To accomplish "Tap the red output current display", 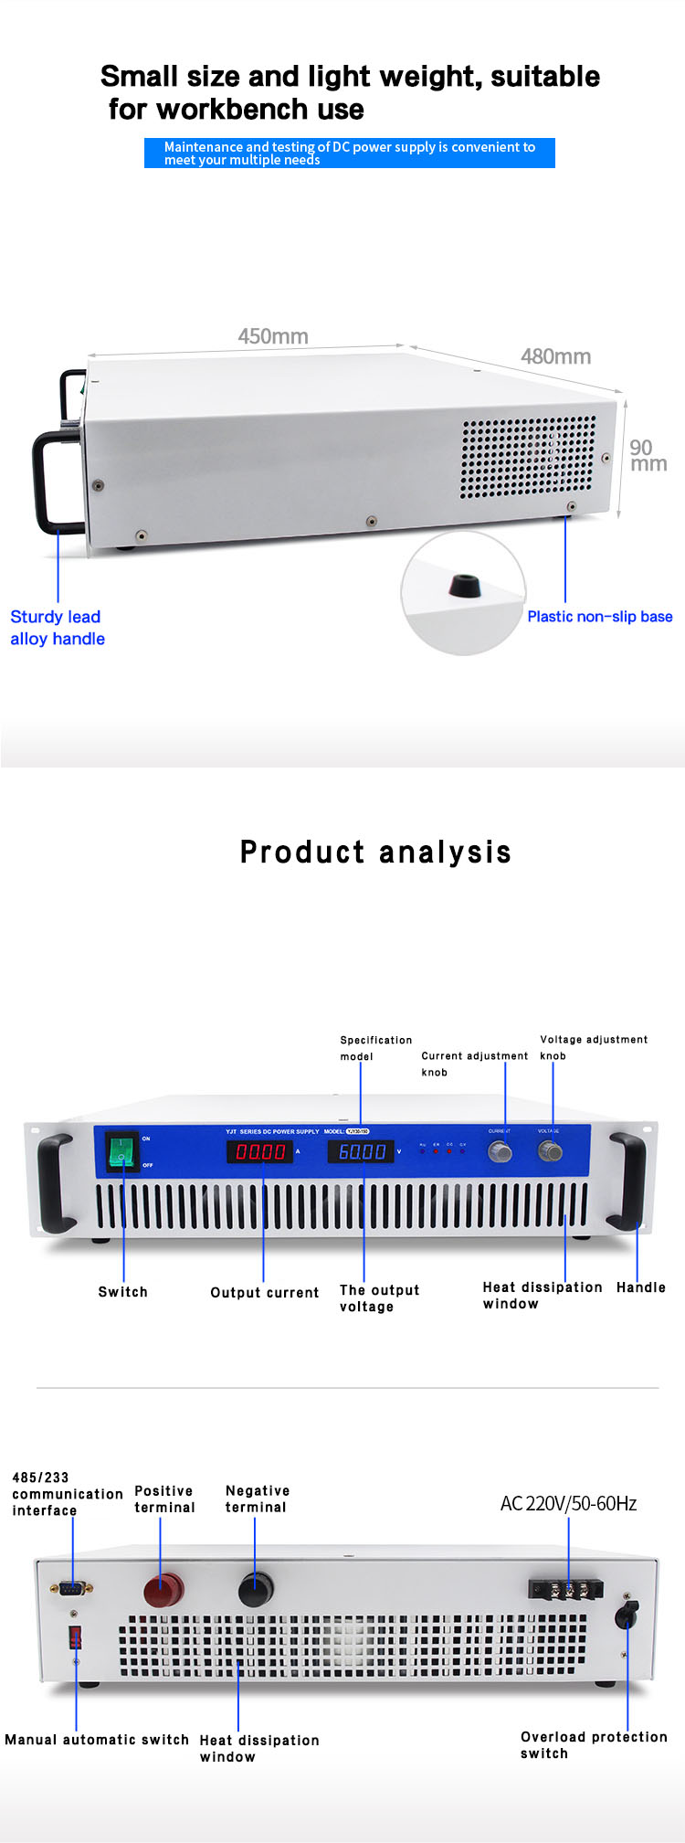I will point(260,1151).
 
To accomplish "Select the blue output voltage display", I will point(361,1151).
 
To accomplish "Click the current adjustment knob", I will point(501,1151).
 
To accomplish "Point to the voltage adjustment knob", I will point(550,1151).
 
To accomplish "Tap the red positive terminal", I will point(163,1591).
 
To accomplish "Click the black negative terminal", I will point(256,1590).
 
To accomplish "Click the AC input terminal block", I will point(565,1589).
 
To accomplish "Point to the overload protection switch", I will point(627,1615).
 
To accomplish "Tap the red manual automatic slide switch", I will point(75,1636).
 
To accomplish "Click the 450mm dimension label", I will point(273,336).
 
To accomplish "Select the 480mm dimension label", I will point(555,356).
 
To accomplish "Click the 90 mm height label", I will point(648,455).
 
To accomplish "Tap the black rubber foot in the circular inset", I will point(466,586).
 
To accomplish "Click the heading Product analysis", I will point(375,852).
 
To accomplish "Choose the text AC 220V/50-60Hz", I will point(568,1504).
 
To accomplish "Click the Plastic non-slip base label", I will point(599,617).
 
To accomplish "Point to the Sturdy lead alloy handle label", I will point(57,628).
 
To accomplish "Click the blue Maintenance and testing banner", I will point(349,153).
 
